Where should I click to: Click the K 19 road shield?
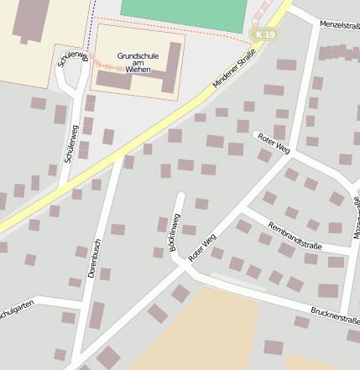(266, 34)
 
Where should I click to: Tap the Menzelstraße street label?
(339, 25)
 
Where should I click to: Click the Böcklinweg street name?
(175, 232)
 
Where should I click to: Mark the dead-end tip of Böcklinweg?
(180, 195)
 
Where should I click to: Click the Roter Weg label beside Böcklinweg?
(202, 248)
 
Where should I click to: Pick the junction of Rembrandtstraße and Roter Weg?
(244, 204)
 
